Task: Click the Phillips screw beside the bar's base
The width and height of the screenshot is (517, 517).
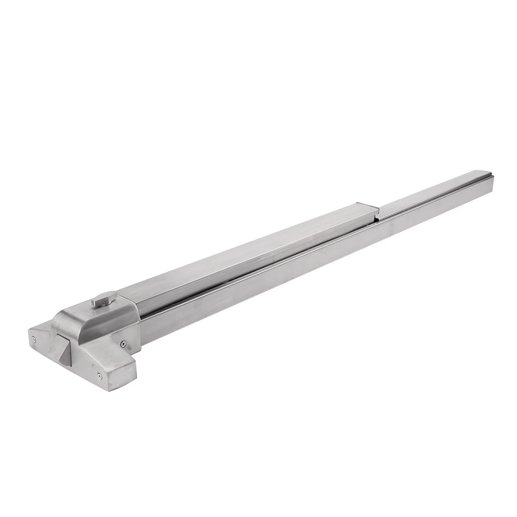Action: coord(122,344)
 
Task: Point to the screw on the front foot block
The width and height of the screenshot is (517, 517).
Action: coord(99,375)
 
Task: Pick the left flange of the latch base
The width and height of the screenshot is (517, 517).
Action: coord(39,336)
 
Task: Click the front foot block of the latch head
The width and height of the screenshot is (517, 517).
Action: coord(110,365)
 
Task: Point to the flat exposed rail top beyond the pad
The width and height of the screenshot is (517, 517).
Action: coord(433,191)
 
